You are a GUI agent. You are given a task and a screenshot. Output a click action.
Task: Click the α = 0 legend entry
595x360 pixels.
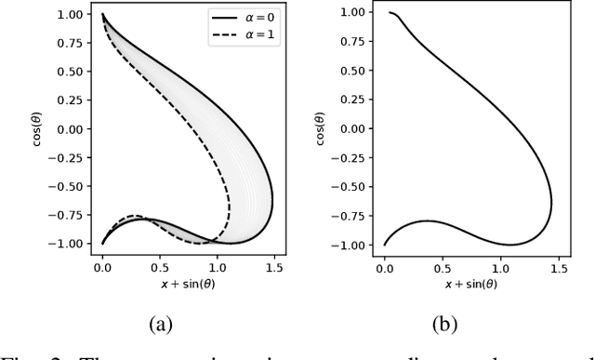252,20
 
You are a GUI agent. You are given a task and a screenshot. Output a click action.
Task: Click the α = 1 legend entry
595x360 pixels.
252,38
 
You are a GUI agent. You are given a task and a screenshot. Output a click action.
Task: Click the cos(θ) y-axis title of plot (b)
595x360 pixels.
320,130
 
